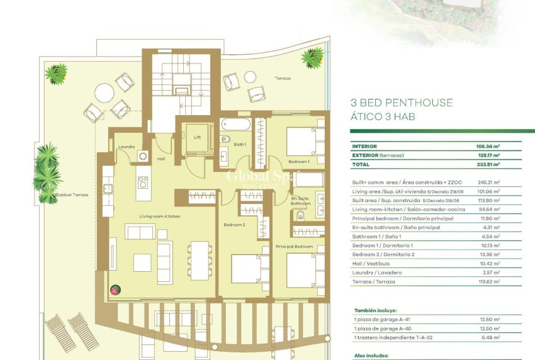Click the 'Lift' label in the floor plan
196,137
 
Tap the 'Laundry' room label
127,147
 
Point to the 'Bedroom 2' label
234,225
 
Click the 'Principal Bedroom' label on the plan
295,246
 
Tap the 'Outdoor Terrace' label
73,195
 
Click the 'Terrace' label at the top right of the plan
283,78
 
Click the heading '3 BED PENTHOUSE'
401,103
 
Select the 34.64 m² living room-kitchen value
488,209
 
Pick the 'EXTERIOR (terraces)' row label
379,155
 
